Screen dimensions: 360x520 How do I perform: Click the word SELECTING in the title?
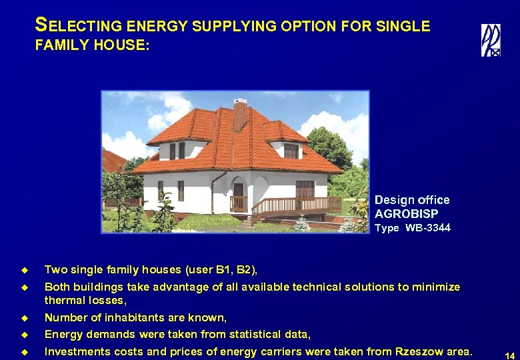pos(78,27)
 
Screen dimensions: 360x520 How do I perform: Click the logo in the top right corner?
pos(491,40)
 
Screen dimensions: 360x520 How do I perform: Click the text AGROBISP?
pos(406,214)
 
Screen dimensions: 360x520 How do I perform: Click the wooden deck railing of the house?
pos(293,205)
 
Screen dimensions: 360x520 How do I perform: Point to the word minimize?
pos(432,287)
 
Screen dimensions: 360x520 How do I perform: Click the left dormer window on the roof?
pos(177,150)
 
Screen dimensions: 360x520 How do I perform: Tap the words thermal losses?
pos(85,301)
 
